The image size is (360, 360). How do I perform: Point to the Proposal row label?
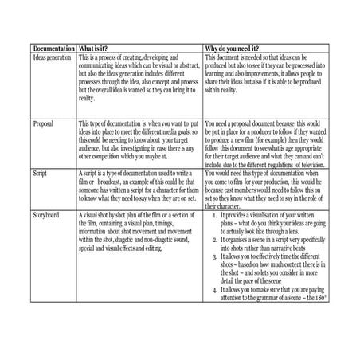tap(44, 125)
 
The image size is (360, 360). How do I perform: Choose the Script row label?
tap(40, 171)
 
